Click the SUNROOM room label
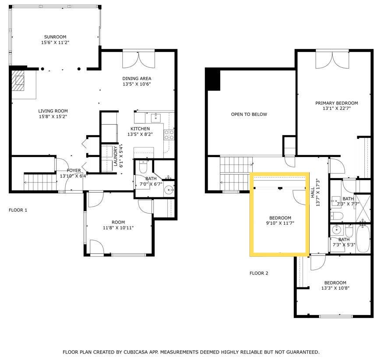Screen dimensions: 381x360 click(x=55, y=37)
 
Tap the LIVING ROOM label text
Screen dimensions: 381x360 click(x=53, y=111)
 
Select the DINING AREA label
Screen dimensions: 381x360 click(x=137, y=78)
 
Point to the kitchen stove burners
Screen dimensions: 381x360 click(x=169, y=135)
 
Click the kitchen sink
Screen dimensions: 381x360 click(x=156, y=118)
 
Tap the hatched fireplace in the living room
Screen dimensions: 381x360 click(x=18, y=80)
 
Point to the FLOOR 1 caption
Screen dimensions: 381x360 click(x=18, y=210)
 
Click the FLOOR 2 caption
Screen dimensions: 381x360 click(x=259, y=273)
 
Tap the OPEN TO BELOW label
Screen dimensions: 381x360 click(x=249, y=114)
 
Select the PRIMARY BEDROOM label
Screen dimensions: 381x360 click(x=336, y=103)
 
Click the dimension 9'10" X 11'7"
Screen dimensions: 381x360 click(x=280, y=223)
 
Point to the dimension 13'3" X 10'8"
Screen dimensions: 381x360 click(x=335, y=288)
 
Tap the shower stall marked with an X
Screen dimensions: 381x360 click(x=363, y=208)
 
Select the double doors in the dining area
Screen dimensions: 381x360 click(x=138, y=59)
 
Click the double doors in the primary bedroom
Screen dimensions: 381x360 click(x=332, y=59)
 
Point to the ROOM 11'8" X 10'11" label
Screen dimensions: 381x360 click(x=118, y=225)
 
